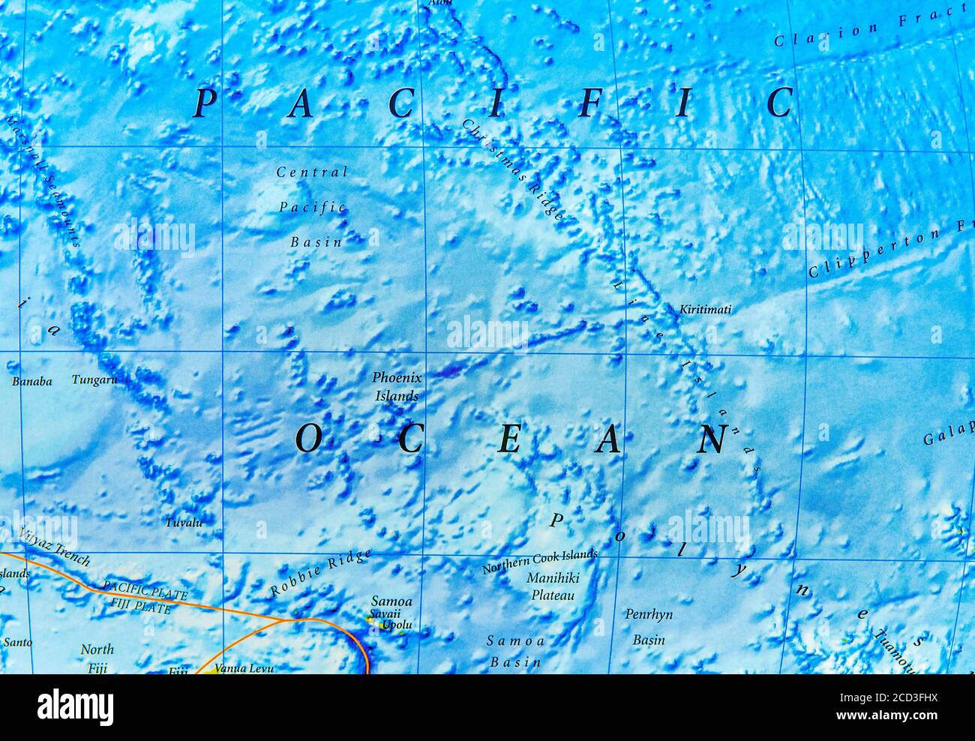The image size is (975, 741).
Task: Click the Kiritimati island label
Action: pos(705,309)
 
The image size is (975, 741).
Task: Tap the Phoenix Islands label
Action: pos(397,386)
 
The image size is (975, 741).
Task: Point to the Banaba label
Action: pos(31,381)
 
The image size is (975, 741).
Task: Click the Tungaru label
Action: pos(94,379)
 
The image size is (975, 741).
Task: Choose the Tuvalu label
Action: pos(184,522)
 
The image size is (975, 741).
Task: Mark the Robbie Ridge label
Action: pos(320,573)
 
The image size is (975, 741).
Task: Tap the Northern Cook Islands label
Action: pos(540,561)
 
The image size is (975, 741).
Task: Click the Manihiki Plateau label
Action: pos(553,586)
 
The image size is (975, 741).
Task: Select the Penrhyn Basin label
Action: pos(649,626)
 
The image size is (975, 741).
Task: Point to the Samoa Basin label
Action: pos(515,651)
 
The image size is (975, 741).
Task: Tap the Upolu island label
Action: pos(397,625)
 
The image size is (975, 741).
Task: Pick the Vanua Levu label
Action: pos(241,667)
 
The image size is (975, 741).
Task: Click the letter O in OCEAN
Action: pos(307,439)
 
